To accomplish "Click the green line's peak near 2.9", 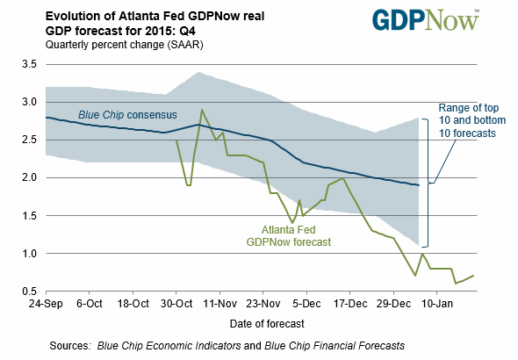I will click(202, 111).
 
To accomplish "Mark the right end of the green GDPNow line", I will click(475, 276).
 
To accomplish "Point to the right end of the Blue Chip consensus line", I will click(419, 185).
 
